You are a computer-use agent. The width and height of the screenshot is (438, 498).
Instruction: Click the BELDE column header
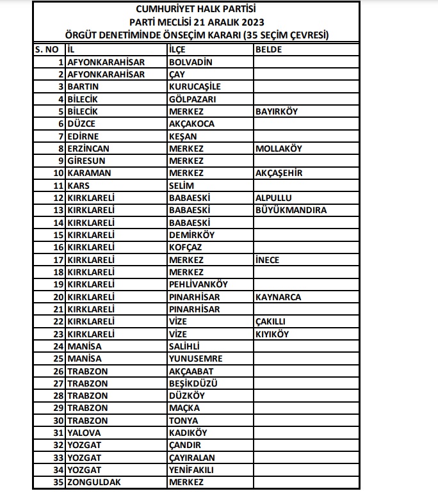click(269, 49)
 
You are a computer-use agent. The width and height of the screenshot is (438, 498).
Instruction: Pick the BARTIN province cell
click(84, 86)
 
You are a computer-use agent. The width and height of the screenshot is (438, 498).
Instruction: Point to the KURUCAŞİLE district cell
click(195, 86)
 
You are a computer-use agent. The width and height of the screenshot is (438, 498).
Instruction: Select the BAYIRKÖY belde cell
click(277, 111)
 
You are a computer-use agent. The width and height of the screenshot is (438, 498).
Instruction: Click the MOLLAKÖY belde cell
click(279, 149)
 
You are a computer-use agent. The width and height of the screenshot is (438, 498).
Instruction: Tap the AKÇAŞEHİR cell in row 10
click(279, 173)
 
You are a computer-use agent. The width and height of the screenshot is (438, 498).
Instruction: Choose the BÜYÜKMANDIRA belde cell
click(291, 211)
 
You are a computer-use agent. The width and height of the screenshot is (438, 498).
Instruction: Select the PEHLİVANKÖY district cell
click(198, 285)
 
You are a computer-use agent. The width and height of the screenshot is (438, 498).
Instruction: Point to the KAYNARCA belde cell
click(278, 298)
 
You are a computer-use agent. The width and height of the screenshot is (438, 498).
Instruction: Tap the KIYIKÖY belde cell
click(272, 335)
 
